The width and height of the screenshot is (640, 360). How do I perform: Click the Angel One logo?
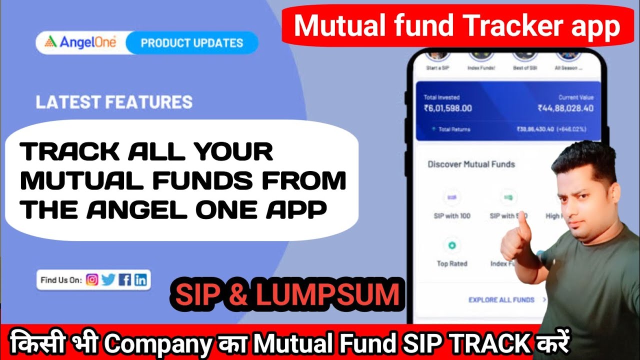pos(80,43)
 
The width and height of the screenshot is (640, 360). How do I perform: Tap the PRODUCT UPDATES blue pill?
pos(192,43)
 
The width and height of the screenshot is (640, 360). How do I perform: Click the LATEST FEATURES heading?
pos(114,102)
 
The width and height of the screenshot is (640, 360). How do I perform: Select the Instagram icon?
pos(92,280)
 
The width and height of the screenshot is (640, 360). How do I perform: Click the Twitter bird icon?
pos(108,280)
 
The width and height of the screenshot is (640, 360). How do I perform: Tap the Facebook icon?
pos(124,280)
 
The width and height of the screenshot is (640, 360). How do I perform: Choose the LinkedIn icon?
pos(140,280)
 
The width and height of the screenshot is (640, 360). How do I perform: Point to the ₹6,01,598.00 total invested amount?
pos(447,108)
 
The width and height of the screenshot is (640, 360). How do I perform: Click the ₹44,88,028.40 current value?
pos(565,108)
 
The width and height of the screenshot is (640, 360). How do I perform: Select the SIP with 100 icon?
pos(452,197)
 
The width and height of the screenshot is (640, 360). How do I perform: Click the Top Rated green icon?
pos(452,245)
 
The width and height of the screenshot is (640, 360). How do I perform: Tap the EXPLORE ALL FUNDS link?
pos(501,299)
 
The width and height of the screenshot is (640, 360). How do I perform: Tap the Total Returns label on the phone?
pos(454,129)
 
